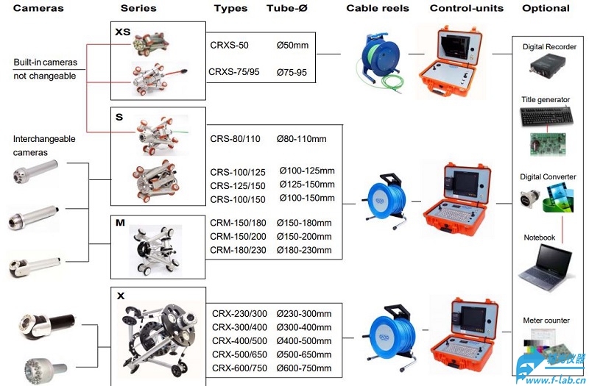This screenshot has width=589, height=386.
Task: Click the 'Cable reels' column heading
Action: [377, 8]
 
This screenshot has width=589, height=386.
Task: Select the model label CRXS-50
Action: [229, 45]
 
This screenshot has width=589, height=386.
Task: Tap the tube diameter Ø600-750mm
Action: [304, 368]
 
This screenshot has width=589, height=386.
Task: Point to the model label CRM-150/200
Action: [238, 237]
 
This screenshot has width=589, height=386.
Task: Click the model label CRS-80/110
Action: [235, 139]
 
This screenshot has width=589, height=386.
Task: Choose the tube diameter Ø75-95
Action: [292, 72]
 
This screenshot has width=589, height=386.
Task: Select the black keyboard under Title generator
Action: [546, 116]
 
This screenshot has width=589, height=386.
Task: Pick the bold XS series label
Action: [122, 32]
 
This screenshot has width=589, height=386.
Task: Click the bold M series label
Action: [120, 223]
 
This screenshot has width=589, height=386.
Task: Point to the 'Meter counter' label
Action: [546, 321]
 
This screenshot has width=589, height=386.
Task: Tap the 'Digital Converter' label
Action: [548, 176]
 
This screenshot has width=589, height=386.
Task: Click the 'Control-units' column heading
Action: [467, 8]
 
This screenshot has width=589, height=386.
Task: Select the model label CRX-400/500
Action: [240, 341]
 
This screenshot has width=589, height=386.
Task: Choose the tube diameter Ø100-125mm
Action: [307, 171]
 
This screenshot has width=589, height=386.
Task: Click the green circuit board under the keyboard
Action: [548, 144]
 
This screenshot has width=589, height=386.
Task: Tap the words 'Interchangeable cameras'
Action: [44, 146]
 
